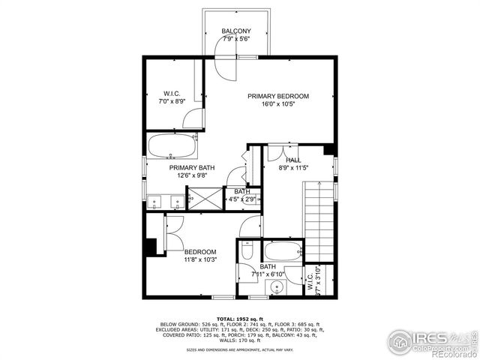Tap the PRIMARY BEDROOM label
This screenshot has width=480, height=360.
point(278,96)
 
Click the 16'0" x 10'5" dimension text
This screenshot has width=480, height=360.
point(278,105)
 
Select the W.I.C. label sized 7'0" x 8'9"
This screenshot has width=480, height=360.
point(171,94)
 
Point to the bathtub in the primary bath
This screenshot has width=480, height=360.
point(172,145)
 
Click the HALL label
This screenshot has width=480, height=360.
point(293,160)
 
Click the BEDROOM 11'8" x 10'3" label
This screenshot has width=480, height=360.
point(200,252)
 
